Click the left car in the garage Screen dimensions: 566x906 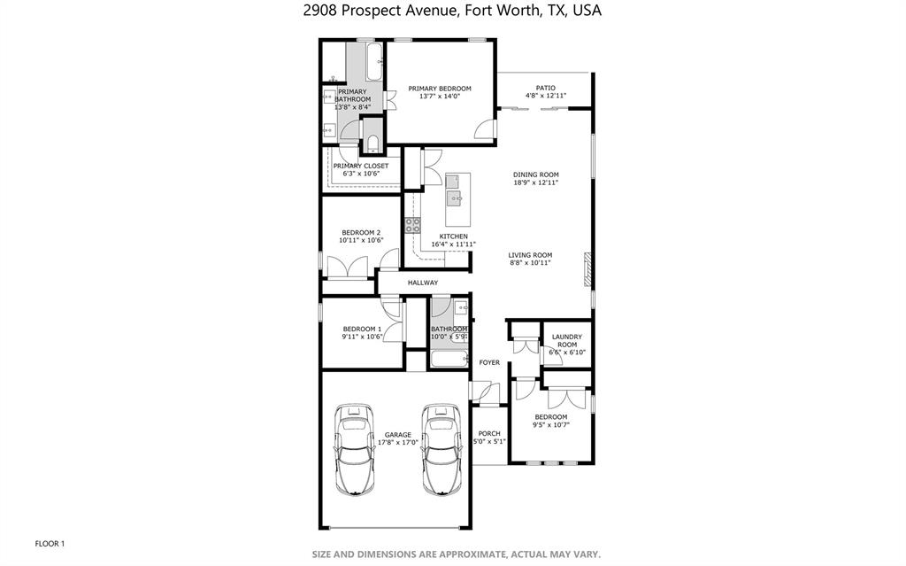[x=355, y=450]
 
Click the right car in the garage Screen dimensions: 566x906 [x=440, y=450]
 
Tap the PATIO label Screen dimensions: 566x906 [x=546, y=88]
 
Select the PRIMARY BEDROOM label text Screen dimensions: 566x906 [x=439, y=89]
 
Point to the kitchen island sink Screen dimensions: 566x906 [x=454, y=197]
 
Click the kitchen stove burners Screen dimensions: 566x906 [x=412, y=225]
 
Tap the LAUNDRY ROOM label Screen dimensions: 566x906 [x=566, y=340]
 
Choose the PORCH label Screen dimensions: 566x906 [x=489, y=433]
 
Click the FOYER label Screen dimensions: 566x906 [x=489, y=362]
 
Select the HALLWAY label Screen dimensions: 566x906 [x=423, y=283]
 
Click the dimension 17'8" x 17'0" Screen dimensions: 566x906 [x=398, y=442]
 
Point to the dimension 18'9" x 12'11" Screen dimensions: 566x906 [x=536, y=182]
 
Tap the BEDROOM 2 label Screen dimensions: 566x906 [x=361, y=232]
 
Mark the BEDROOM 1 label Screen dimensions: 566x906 [x=362, y=329]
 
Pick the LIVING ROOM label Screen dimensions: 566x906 [x=531, y=255]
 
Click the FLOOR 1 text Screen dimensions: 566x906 [x=50, y=543]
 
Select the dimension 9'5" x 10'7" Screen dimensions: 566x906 [x=550, y=424]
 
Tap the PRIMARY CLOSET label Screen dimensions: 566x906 [x=361, y=166]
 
